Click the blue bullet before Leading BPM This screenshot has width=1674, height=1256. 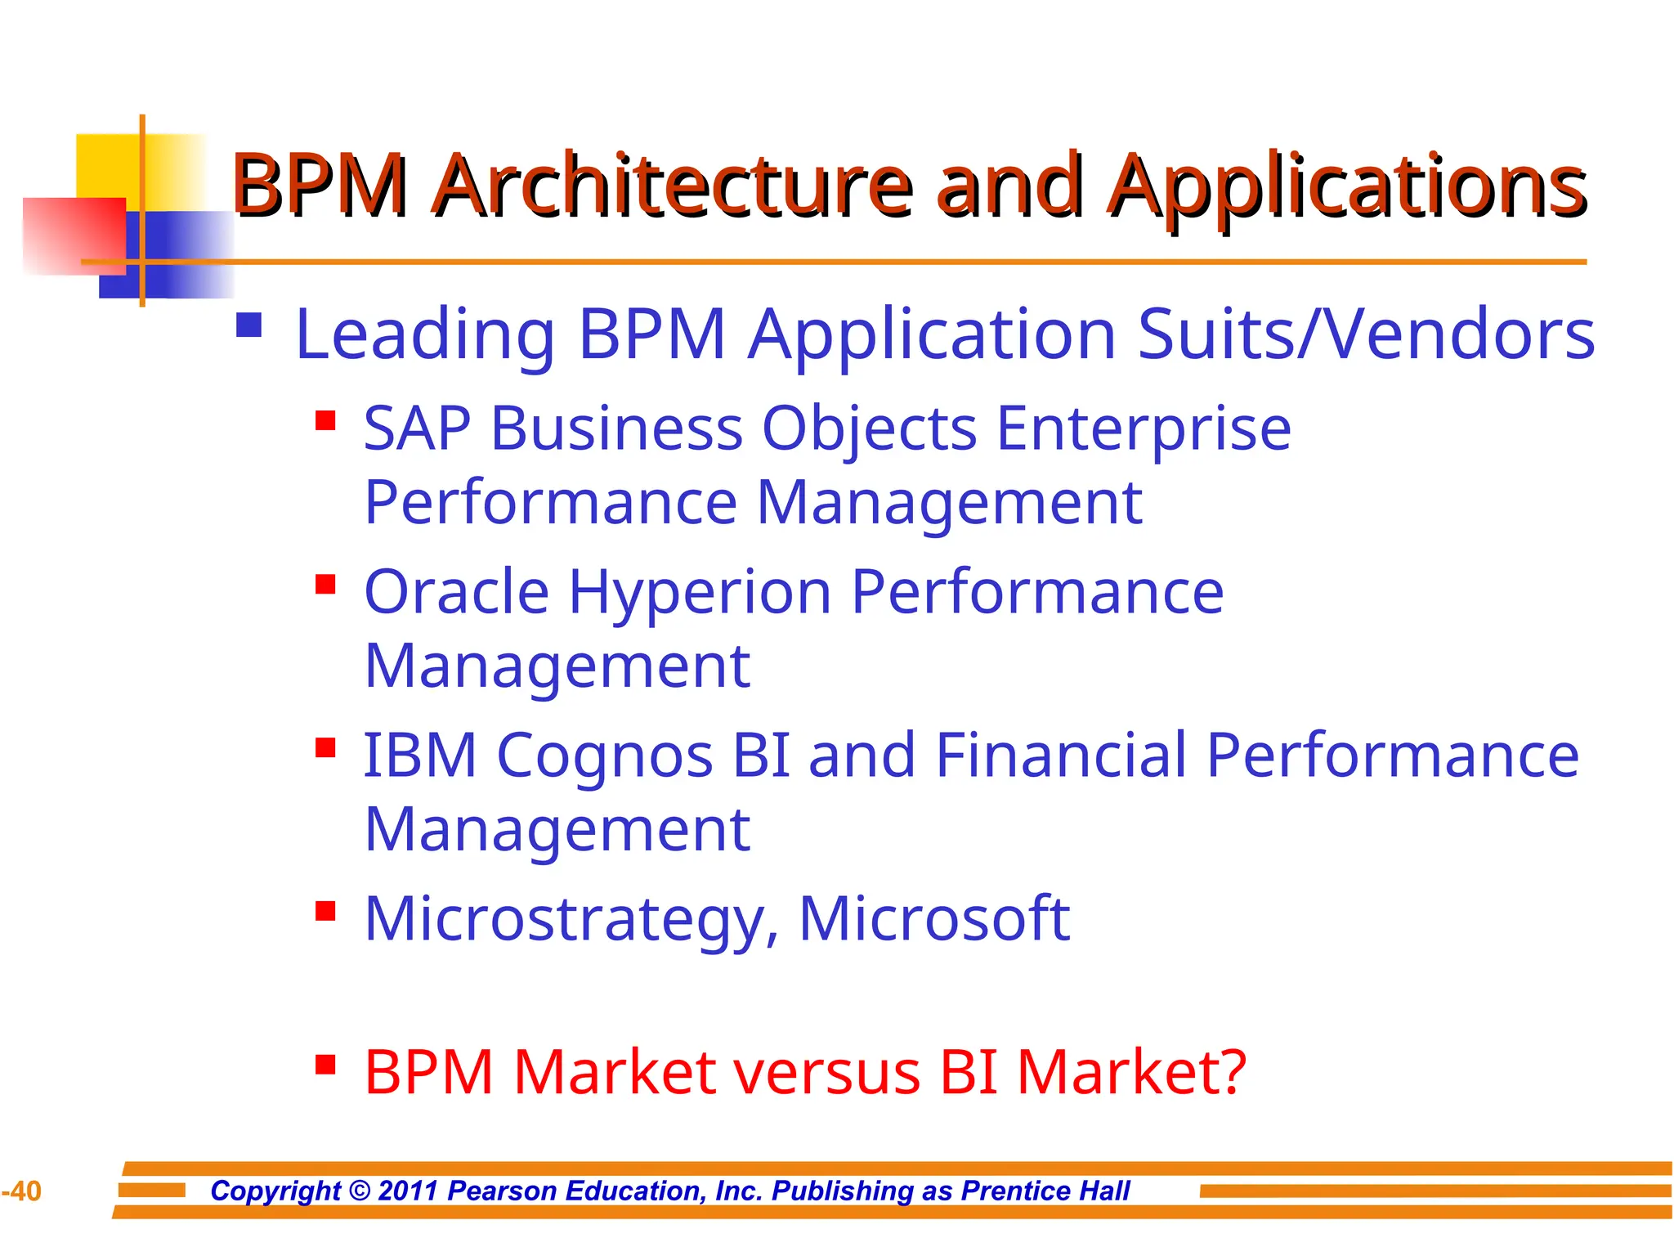click(x=248, y=325)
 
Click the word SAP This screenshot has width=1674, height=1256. click(x=417, y=428)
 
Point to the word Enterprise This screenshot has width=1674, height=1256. click(x=1143, y=430)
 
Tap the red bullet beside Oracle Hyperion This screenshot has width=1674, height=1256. click(x=325, y=585)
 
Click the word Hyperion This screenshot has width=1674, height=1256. click(x=700, y=594)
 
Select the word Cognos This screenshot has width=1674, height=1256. click(x=605, y=756)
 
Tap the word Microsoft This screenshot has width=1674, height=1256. click(x=933, y=919)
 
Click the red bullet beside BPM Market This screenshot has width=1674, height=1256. click(x=325, y=1065)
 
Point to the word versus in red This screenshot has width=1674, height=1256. click(x=826, y=1073)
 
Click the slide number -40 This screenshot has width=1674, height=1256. click(x=22, y=1191)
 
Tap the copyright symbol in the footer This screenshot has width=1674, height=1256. click(x=359, y=1191)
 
